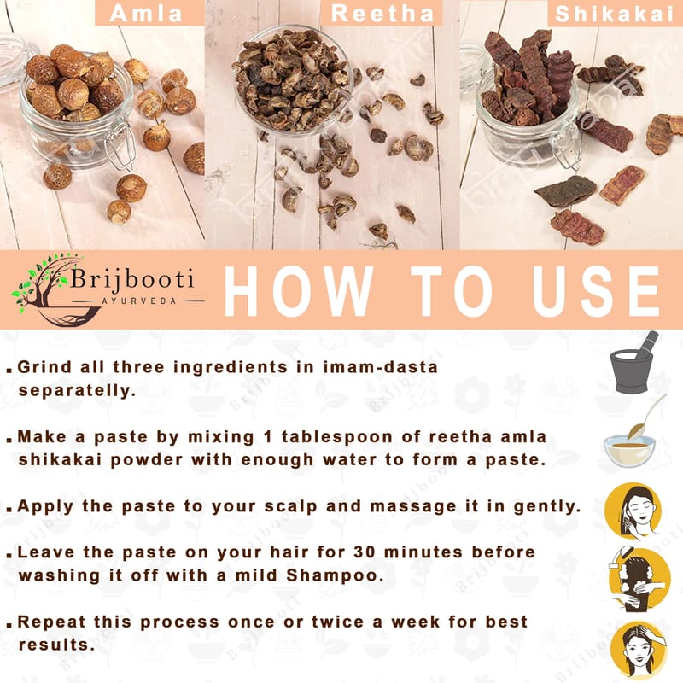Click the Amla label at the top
click(146, 13)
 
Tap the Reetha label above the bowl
click(382, 13)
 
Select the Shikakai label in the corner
click(615, 14)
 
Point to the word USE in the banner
click(596, 290)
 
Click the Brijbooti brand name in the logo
click(132, 279)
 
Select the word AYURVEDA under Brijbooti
click(139, 301)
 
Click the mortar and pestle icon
click(635, 363)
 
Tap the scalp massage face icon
click(633, 511)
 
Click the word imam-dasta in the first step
click(380, 367)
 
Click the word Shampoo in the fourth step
click(335, 575)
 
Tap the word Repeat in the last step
click(51, 622)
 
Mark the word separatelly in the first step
click(77, 391)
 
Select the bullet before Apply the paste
click(9, 509)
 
